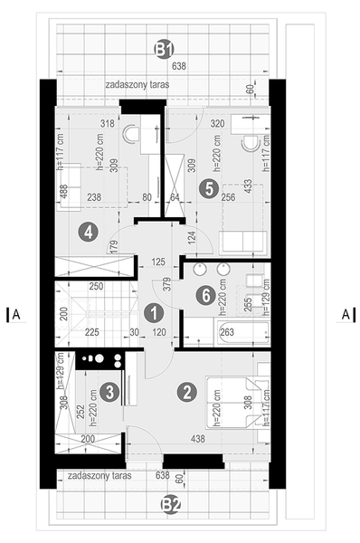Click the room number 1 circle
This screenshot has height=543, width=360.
[x=153, y=312]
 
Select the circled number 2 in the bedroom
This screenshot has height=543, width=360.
[x=186, y=393]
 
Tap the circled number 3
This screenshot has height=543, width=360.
[x=109, y=392]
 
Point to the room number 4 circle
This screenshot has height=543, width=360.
[x=88, y=232]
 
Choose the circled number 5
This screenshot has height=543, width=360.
[x=209, y=188]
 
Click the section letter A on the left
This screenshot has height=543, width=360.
[x=16, y=315]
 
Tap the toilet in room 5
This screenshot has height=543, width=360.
[x=251, y=142]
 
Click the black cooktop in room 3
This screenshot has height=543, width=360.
[x=96, y=359]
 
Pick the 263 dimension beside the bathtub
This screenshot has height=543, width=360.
[x=227, y=331]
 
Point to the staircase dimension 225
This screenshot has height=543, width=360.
[x=91, y=331]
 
